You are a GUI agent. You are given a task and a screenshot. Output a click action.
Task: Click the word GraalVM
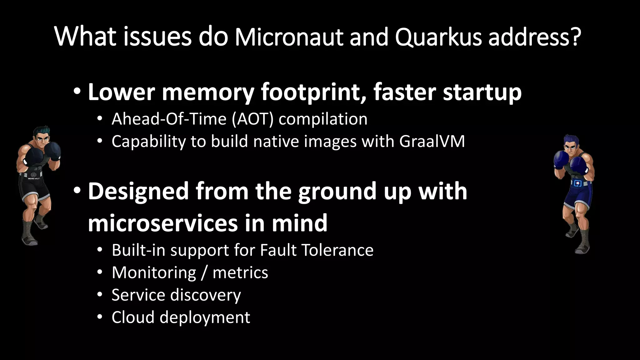(432, 141)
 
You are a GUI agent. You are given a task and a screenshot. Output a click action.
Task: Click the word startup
(482, 93)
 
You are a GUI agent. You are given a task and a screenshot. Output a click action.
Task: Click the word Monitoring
(154, 273)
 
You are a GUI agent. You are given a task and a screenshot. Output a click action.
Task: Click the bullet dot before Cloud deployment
(100, 317)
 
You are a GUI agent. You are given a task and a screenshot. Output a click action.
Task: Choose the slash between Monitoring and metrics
(204, 273)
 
